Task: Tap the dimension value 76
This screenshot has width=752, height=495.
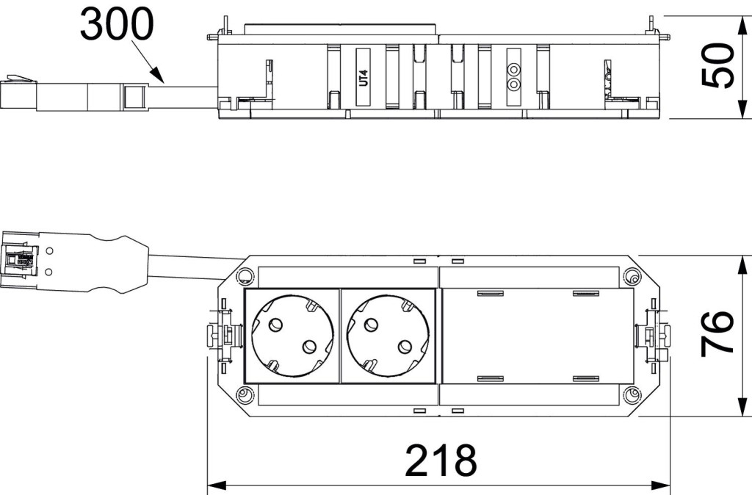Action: click(x=718, y=333)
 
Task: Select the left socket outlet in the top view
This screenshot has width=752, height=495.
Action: click(x=291, y=336)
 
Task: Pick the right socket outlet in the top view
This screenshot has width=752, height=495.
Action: click(x=389, y=336)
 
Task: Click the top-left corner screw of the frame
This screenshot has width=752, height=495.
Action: click(x=242, y=277)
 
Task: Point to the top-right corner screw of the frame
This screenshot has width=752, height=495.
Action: click(x=631, y=277)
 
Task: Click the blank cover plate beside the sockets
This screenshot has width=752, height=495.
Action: click(x=537, y=336)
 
